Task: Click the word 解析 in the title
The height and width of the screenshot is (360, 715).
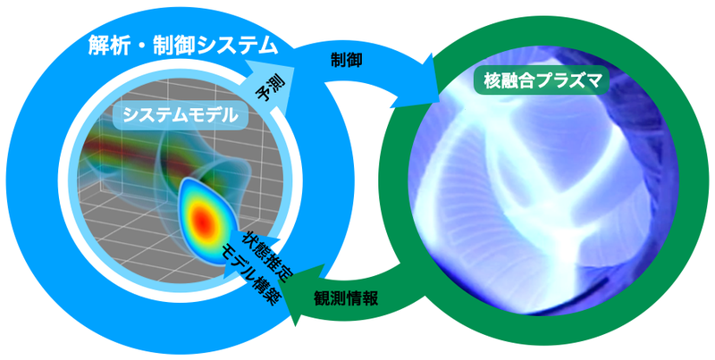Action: [110, 43]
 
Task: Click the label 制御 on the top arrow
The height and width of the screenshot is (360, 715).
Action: [347, 61]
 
